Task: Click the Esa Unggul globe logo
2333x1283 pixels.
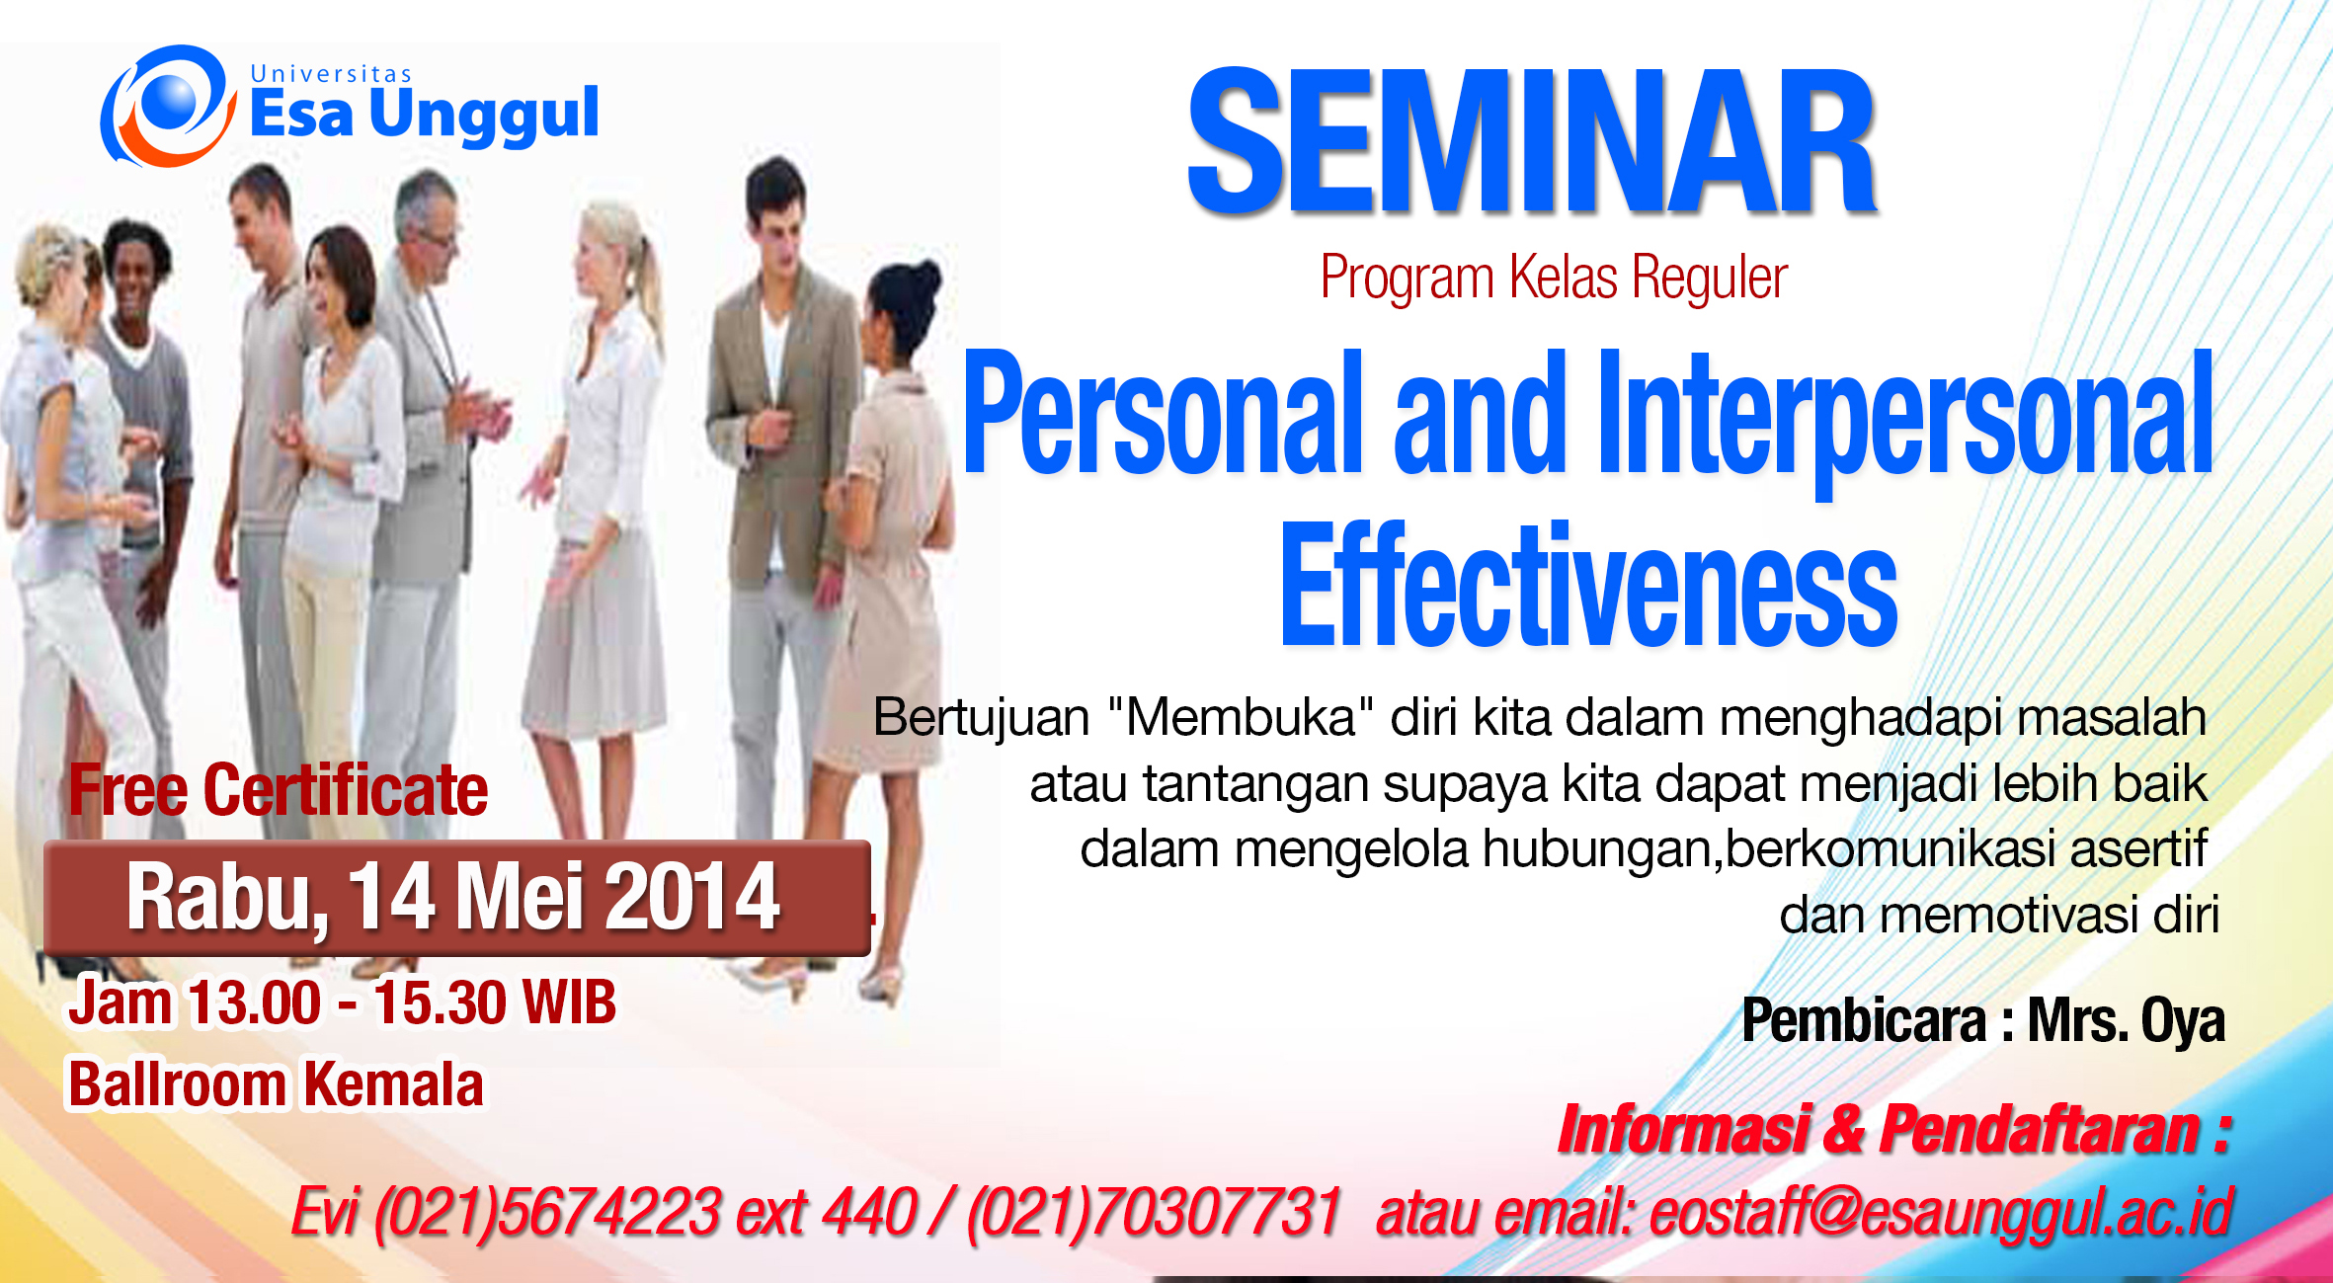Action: tap(169, 106)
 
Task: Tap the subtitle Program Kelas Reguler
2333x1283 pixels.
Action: tap(1554, 278)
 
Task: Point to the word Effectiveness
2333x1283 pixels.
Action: tap(1589, 585)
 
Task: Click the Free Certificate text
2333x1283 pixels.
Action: tap(278, 790)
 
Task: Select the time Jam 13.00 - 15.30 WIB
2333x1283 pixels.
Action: tap(342, 1003)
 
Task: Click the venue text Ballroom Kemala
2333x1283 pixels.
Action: tap(276, 1084)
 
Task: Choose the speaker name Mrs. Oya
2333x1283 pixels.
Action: tap(2126, 1021)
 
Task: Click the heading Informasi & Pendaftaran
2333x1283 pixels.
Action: tap(1894, 1129)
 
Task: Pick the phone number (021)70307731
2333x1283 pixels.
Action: tap(1154, 1213)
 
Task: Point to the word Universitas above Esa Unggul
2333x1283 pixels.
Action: tap(331, 74)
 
